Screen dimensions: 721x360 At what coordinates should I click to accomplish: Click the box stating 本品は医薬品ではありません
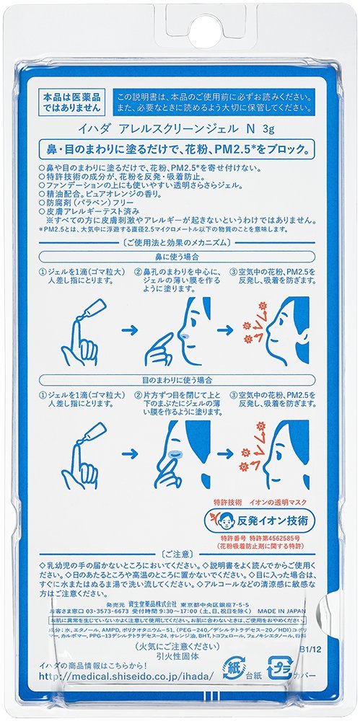tap(71, 100)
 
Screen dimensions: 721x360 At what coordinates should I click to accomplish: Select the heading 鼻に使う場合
tap(180, 256)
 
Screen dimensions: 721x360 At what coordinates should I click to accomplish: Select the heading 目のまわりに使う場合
tap(180, 378)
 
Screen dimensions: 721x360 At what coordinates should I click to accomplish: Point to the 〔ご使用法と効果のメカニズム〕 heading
tap(180, 242)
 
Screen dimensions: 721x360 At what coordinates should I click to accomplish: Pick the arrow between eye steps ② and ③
tap(226, 452)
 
